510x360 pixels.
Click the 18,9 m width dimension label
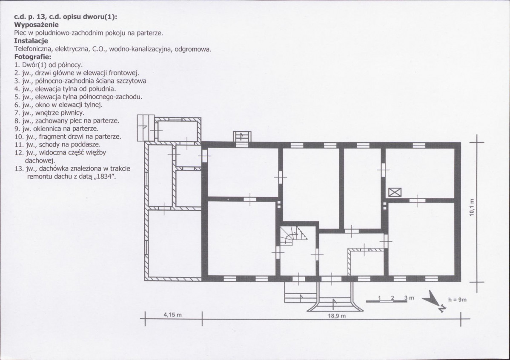coord(337,316)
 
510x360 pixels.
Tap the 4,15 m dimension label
coord(172,314)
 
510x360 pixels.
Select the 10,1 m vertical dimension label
coord(472,207)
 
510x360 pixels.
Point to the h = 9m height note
coord(457,300)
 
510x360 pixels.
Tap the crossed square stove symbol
coord(395,192)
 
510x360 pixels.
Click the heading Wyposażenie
coord(37,25)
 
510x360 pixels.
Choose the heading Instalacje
coord(31,41)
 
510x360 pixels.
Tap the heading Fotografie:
coord(33,57)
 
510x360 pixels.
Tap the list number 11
coord(19,144)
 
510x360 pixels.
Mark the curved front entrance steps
coord(335,304)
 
